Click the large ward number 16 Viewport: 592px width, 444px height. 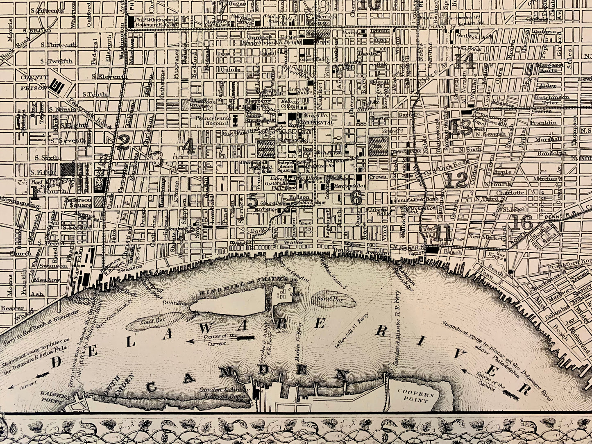click(x=522, y=223)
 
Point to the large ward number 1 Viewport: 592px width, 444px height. click(x=35, y=192)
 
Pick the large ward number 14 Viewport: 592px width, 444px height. click(x=464, y=62)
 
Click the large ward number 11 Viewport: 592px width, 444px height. click(x=443, y=233)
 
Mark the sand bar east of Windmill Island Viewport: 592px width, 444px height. click(x=333, y=298)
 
